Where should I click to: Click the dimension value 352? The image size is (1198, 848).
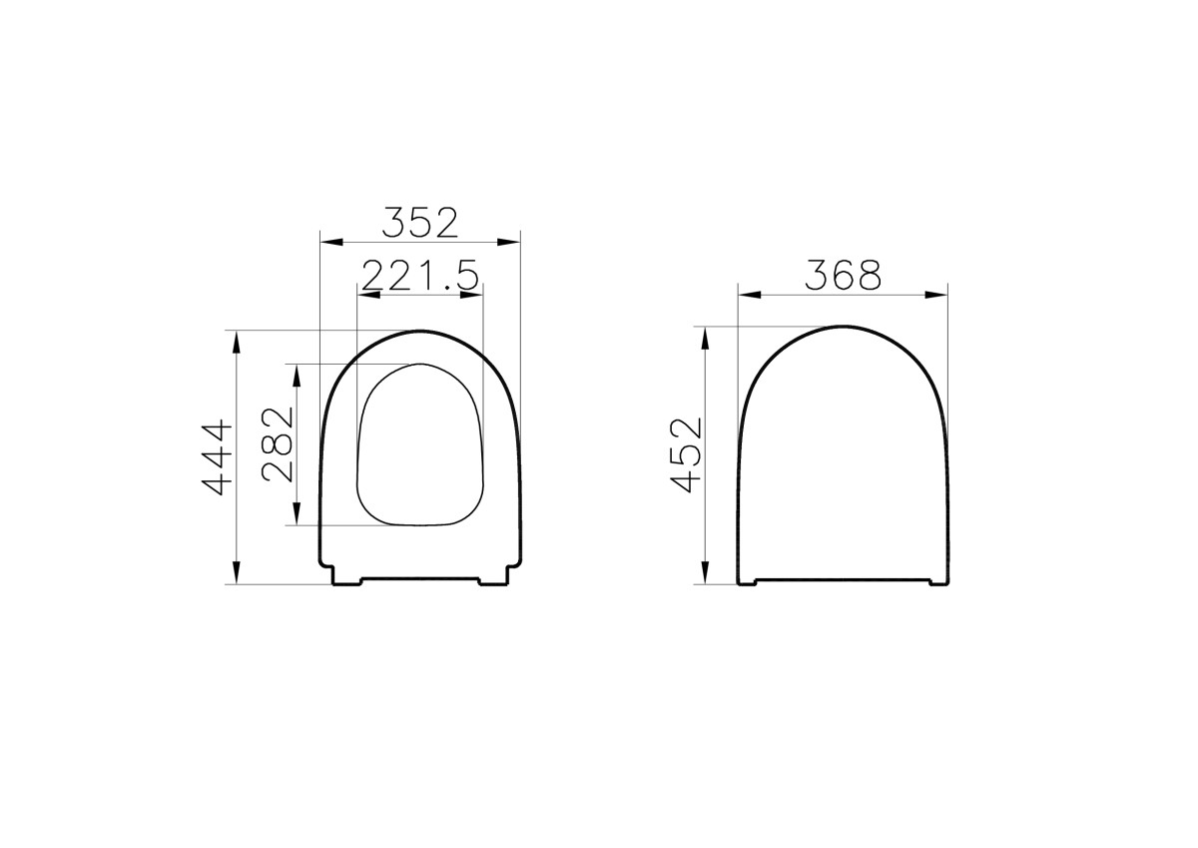point(419,222)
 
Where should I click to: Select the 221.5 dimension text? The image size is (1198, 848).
point(419,275)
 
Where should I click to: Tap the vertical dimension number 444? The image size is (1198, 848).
point(218,457)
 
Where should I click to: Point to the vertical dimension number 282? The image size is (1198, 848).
point(279,443)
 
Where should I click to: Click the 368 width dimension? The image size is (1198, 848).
point(843,275)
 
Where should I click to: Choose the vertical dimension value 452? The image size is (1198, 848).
point(687,454)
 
